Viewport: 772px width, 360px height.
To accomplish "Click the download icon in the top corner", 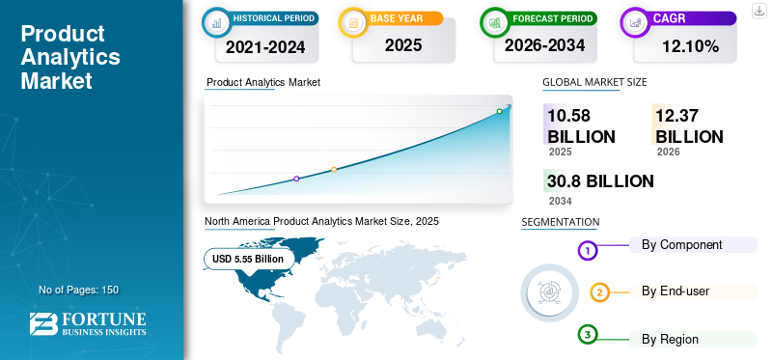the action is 759,11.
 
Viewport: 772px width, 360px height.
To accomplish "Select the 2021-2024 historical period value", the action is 265,47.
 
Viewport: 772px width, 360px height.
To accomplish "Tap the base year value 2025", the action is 403,45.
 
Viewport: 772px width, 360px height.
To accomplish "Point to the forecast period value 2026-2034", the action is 544,45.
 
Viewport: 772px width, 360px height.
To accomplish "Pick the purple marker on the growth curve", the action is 296,179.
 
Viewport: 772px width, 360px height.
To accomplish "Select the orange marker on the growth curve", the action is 334,170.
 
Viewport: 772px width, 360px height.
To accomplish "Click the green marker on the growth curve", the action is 499,111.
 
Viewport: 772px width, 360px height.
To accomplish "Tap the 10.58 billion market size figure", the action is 582,126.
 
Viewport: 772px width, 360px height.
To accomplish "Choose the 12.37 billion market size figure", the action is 689,126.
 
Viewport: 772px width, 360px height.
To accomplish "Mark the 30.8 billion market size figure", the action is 600,181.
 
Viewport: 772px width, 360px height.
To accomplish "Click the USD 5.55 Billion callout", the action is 248,259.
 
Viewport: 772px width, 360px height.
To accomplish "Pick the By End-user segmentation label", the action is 675,291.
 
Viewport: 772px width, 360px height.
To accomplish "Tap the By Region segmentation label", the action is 670,340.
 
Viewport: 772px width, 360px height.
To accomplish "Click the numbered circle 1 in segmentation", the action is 588,251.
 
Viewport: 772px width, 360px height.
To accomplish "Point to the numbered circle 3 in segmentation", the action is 588,335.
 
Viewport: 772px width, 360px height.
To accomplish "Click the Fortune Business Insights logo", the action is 88,324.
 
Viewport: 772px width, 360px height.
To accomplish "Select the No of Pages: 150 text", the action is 79,290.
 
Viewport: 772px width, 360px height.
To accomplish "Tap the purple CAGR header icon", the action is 635,22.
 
